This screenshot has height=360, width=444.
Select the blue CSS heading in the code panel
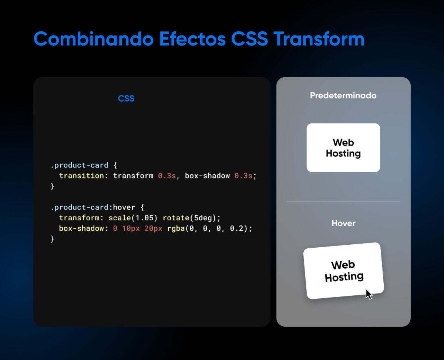coord(126,99)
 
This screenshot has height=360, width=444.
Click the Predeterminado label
coord(343,96)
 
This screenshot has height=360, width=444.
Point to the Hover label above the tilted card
coord(343,223)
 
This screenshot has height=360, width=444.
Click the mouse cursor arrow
coord(369,294)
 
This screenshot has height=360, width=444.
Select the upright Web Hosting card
coord(343,147)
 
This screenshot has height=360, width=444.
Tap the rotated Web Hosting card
coord(343,271)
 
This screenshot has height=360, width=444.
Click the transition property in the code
coord(81,176)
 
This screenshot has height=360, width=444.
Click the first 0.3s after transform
coord(167,176)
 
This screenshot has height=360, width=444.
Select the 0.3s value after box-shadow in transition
coord(243,176)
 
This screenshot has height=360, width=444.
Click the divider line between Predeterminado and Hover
coord(343,201)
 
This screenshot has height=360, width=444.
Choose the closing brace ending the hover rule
coord(52,239)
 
